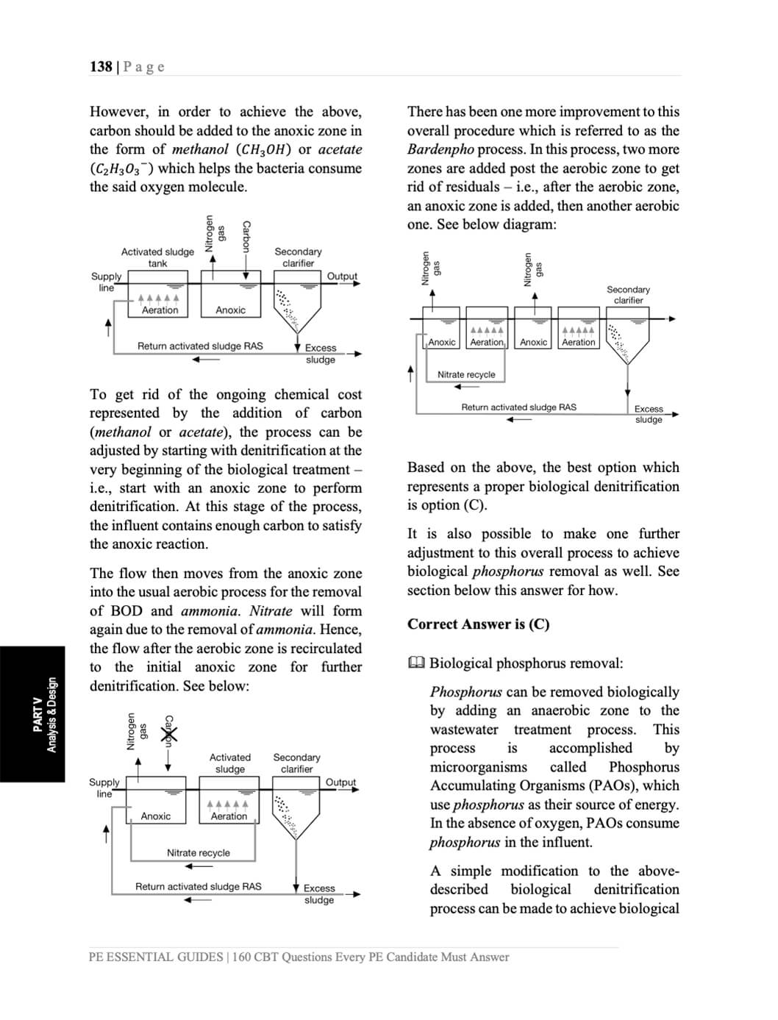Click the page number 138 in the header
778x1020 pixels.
(x=101, y=67)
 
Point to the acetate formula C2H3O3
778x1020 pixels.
(x=121, y=168)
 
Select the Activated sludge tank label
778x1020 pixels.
(x=157, y=257)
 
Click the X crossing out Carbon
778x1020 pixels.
(x=168, y=733)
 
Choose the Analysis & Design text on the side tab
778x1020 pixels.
(x=51, y=715)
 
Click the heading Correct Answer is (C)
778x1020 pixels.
(x=478, y=624)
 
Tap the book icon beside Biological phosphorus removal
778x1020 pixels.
(x=416, y=663)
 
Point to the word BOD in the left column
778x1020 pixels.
(x=126, y=611)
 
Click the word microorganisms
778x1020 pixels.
(x=479, y=767)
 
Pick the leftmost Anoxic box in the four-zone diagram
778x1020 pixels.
(x=442, y=342)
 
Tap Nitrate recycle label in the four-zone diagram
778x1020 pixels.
(x=466, y=374)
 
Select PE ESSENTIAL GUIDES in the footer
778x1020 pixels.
(x=155, y=957)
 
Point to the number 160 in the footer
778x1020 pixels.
(x=242, y=957)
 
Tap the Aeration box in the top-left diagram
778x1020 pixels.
(x=160, y=310)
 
